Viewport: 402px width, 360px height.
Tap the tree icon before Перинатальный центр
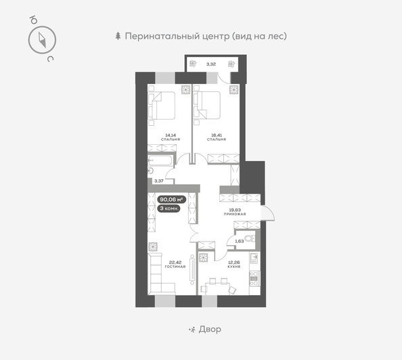pos(119,36)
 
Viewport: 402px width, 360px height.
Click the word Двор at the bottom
pos(210,329)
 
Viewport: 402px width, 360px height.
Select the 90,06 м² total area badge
pos(171,200)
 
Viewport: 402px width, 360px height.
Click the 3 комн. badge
pos(169,209)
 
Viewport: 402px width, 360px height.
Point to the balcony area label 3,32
pos(210,64)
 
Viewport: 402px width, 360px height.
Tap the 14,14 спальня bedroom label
pos(170,137)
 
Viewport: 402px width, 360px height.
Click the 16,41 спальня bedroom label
pos(217,137)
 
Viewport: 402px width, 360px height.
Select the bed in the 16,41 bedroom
pos(208,105)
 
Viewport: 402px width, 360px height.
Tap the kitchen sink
pos(254,260)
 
